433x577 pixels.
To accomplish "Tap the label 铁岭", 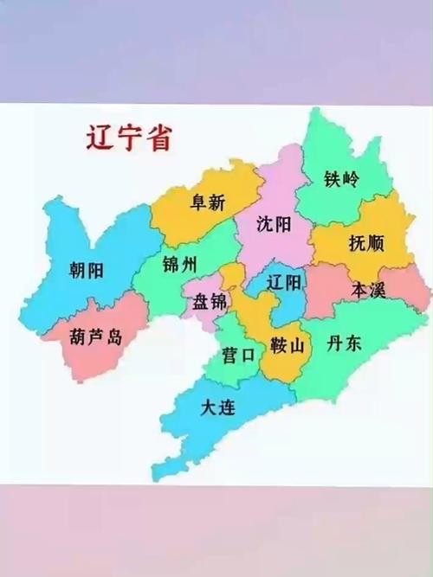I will (x=341, y=180).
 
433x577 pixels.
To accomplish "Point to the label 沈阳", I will (x=275, y=224).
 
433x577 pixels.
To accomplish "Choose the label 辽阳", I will (x=284, y=283).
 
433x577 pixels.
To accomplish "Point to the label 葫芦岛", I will (x=94, y=337).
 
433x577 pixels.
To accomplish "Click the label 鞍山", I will (x=287, y=346).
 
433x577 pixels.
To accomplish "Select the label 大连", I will (x=217, y=407).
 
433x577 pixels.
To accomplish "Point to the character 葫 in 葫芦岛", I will (x=75, y=337).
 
